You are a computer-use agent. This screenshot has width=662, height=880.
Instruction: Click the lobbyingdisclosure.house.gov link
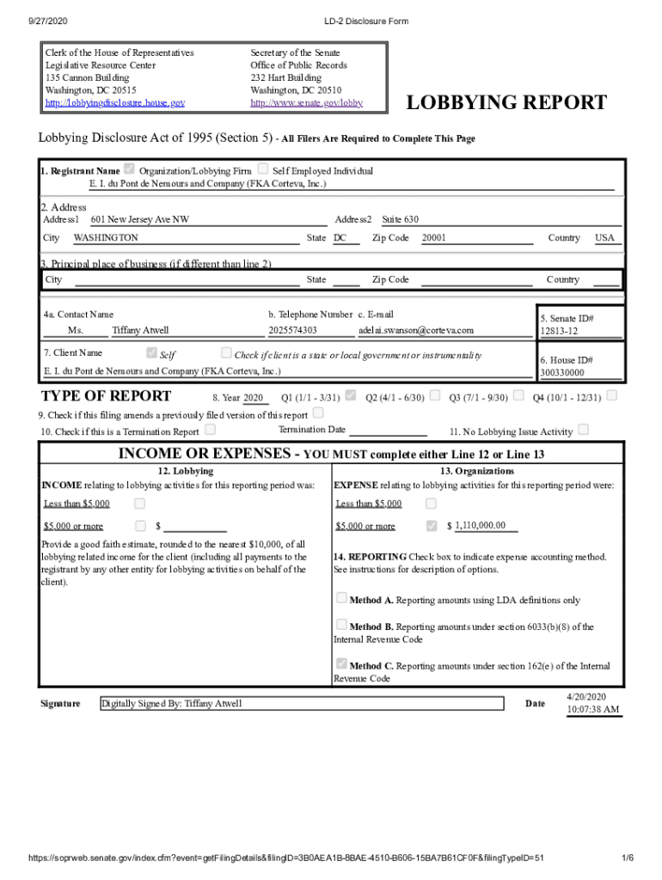114,103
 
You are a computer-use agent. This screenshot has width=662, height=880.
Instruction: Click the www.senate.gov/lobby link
306,103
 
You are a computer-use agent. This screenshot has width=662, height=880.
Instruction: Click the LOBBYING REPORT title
506,104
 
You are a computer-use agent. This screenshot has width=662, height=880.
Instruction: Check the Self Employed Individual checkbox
263,169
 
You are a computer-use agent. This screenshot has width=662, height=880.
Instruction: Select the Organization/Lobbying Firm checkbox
130,169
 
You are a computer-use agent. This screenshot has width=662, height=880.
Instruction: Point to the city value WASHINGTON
106,238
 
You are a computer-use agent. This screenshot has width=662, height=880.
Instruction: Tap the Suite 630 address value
400,220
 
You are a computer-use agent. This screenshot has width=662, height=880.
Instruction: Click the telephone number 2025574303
292,330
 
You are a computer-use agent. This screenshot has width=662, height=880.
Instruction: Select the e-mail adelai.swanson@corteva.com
416,330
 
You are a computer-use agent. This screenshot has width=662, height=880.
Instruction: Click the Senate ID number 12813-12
559,331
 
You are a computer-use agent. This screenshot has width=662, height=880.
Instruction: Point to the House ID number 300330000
561,373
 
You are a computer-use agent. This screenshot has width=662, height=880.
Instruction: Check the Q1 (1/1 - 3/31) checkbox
350,396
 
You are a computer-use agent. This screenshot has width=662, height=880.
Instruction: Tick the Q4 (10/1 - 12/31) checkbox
611,396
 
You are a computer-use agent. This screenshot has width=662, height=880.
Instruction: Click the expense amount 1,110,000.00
480,526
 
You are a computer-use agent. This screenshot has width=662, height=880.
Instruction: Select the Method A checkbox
341,599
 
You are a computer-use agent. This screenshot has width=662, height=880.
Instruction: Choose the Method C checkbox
341,664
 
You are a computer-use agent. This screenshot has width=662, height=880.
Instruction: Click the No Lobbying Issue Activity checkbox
584,430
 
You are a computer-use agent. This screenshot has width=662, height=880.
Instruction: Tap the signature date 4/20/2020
586,697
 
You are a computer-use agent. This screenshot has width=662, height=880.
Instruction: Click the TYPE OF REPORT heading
107,396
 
